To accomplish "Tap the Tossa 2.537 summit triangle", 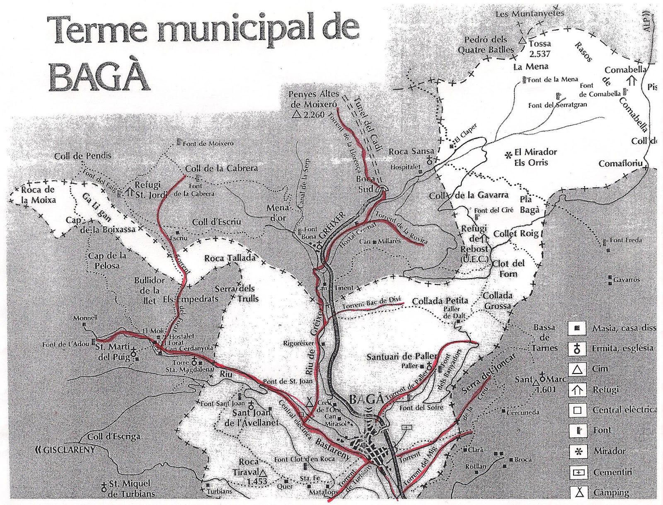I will (522, 41).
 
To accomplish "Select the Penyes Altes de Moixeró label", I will (313, 100).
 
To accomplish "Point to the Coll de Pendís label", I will (83, 156).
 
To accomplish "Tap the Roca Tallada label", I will (230, 258).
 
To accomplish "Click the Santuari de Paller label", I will (402, 357).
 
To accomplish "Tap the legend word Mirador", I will (609, 451).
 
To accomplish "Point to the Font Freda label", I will (626, 240).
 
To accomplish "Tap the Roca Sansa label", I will (411, 152).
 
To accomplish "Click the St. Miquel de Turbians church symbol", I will (104, 486).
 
